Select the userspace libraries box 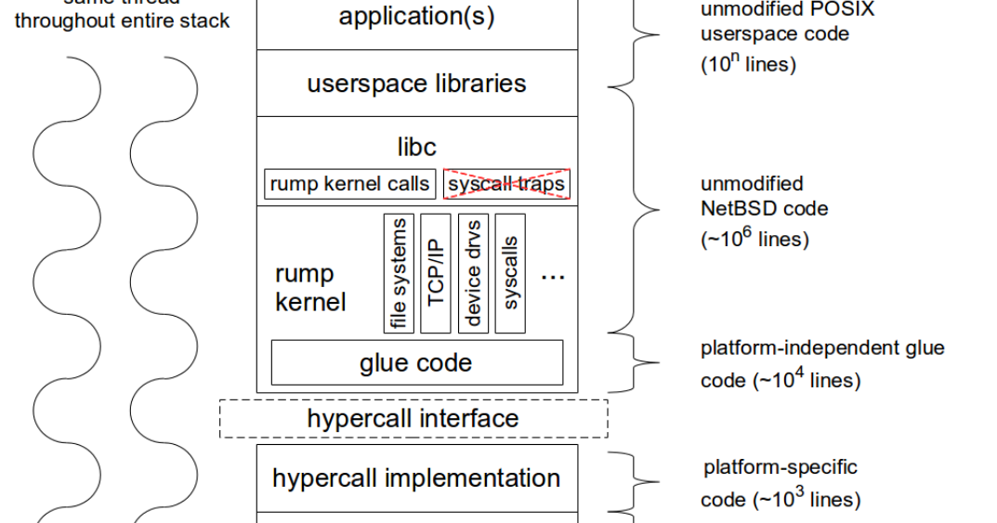416,84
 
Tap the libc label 416,147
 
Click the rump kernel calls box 350,184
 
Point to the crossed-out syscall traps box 506,184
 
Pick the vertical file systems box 399,273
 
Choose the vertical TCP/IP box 435,273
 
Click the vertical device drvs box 473,273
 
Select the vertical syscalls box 510,273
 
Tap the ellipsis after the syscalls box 553,277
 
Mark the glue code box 416,362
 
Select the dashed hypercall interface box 413,418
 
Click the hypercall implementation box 416,477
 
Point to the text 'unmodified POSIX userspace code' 774,22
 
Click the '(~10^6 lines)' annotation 754,238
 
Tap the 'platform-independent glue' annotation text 821,347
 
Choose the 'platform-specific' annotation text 780,466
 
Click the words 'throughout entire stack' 122,20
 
